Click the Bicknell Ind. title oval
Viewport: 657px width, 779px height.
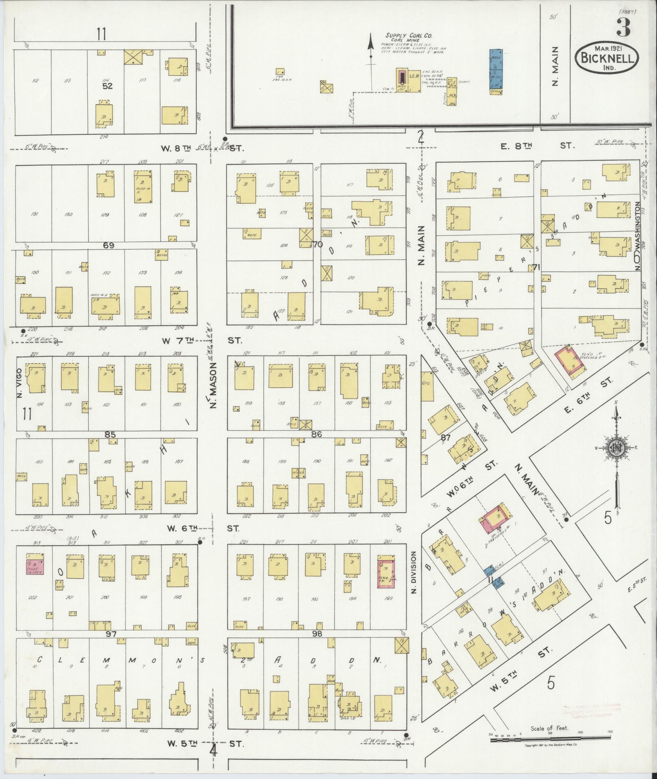pyautogui.click(x=606, y=58)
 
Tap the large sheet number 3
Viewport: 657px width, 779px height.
pyautogui.click(x=623, y=27)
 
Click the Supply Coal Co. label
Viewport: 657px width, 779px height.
pyautogui.click(x=410, y=36)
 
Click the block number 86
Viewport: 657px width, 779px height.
pyautogui.click(x=316, y=434)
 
